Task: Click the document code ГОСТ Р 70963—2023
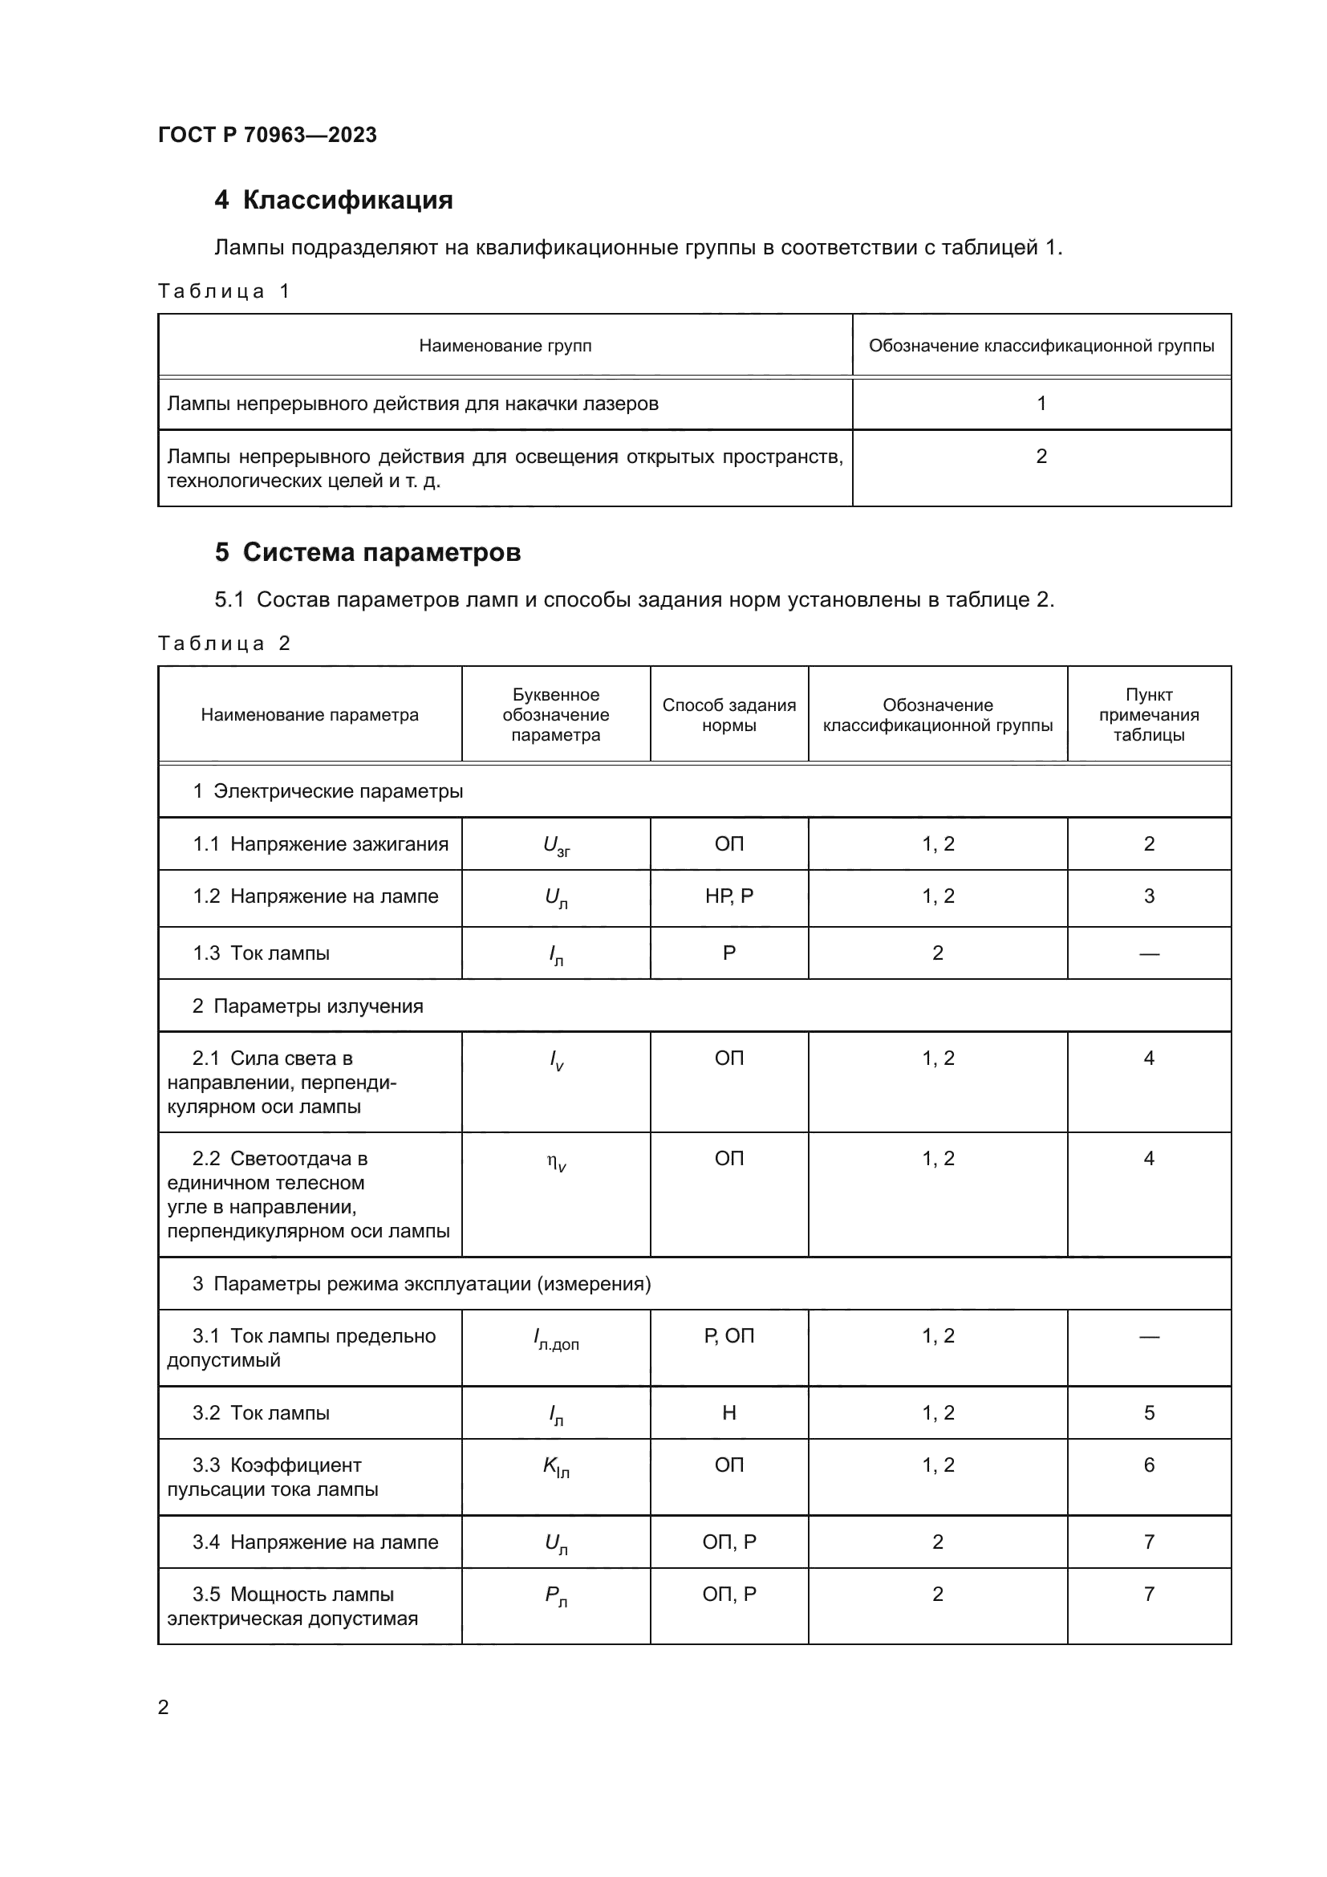pyautogui.click(x=267, y=135)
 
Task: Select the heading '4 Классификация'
pyautogui.click(x=334, y=200)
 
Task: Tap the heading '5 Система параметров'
pyautogui.click(x=367, y=553)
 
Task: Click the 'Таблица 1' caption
pyautogui.click(x=223, y=292)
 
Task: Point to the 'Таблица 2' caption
pyautogui.click(x=223, y=644)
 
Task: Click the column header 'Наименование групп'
pyautogui.click(x=505, y=346)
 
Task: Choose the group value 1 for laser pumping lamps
pyautogui.click(x=1041, y=403)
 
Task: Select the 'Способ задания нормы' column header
pyautogui.click(x=728, y=715)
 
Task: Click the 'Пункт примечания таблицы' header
pyautogui.click(x=1148, y=714)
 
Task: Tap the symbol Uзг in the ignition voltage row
pyautogui.click(x=556, y=845)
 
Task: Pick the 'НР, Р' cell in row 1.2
pyautogui.click(x=728, y=897)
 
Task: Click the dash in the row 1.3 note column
pyautogui.click(x=1148, y=953)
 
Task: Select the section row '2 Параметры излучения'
pyautogui.click(x=308, y=1006)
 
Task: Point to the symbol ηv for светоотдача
pyautogui.click(x=556, y=1161)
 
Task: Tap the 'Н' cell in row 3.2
pyautogui.click(x=728, y=1413)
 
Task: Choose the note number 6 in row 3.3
pyautogui.click(x=1148, y=1465)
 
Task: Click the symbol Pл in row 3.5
pyautogui.click(x=556, y=1595)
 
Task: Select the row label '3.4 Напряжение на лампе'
pyautogui.click(x=315, y=1542)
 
